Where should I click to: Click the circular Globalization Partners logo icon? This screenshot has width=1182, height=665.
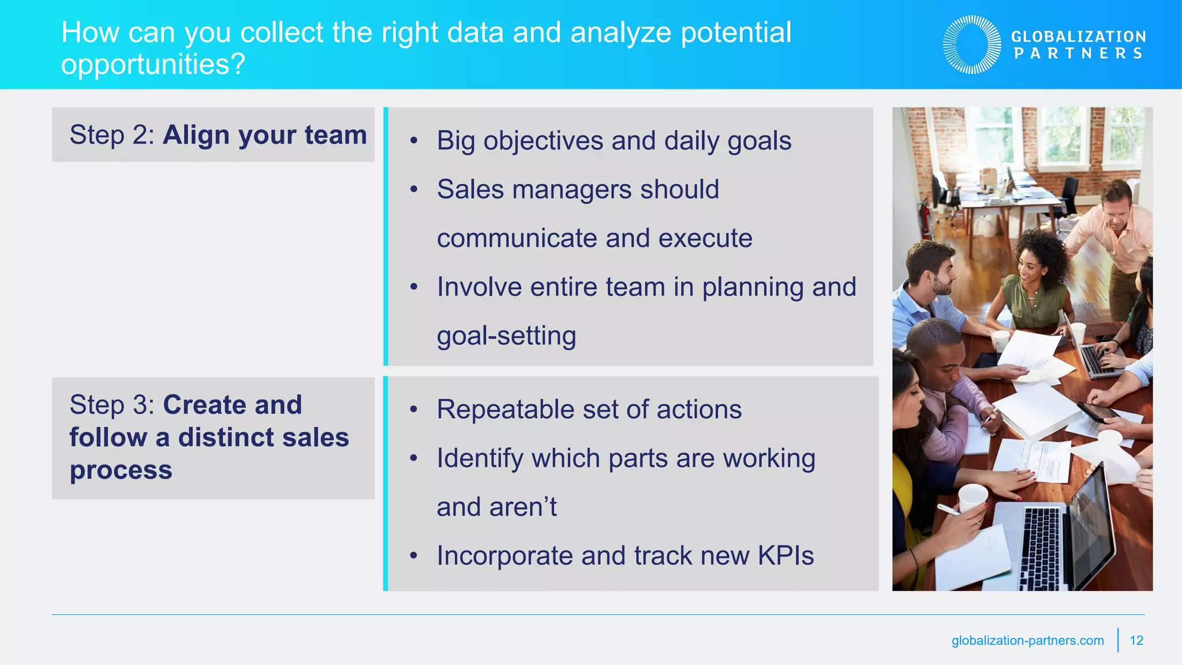tap(972, 44)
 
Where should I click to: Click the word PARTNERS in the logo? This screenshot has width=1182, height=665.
tap(1078, 54)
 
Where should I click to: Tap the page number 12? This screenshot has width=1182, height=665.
tap(1136, 640)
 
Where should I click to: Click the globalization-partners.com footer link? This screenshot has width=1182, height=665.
tap(1027, 640)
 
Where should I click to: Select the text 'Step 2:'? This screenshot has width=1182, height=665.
tap(112, 135)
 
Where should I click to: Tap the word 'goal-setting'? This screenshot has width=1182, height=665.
tap(506, 336)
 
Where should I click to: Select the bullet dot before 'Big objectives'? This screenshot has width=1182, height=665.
tap(413, 141)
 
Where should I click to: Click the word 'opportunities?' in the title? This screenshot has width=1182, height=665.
tap(153, 64)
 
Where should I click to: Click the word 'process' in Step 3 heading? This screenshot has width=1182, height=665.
tap(121, 470)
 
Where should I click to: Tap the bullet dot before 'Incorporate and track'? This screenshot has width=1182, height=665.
tap(413, 556)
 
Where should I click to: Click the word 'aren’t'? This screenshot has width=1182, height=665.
tap(523, 507)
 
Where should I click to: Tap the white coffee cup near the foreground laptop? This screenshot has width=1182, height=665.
tap(973, 498)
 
